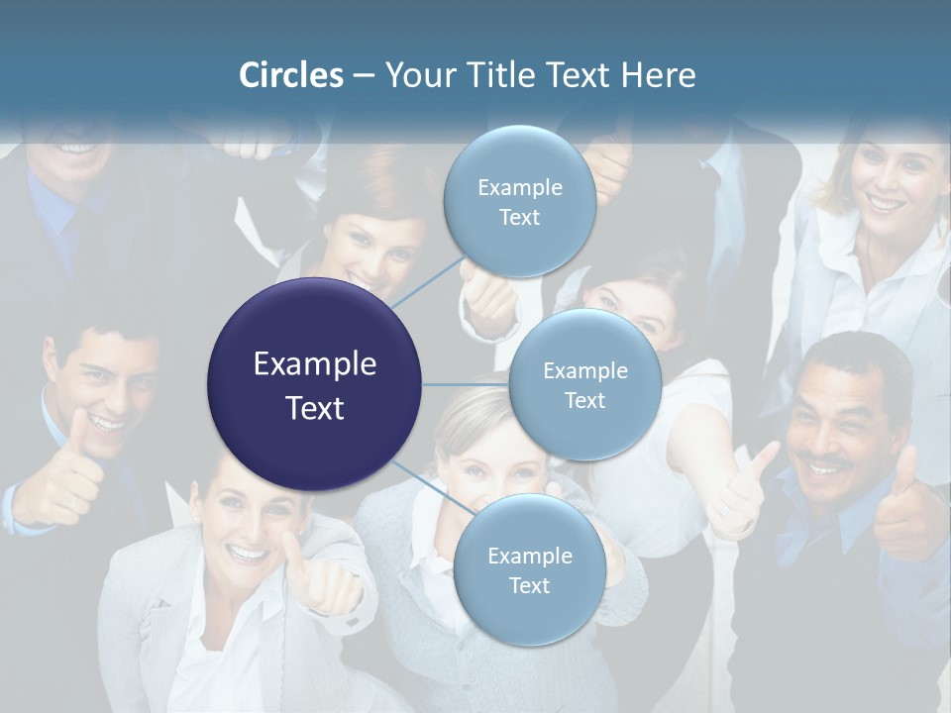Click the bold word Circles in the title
[290, 75]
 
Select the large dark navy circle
[315, 384]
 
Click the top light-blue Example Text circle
[519, 202]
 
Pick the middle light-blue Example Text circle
[584, 384]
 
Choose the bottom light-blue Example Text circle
[529, 570]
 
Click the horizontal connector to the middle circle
[466, 384]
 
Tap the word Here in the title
[658, 75]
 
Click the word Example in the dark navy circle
[315, 364]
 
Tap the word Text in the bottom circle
[529, 586]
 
